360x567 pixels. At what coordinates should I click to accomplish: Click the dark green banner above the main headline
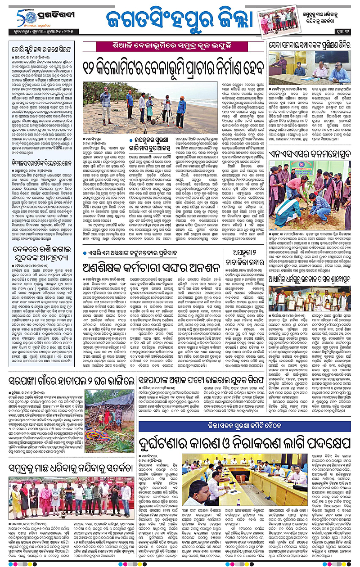coord(177,46)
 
